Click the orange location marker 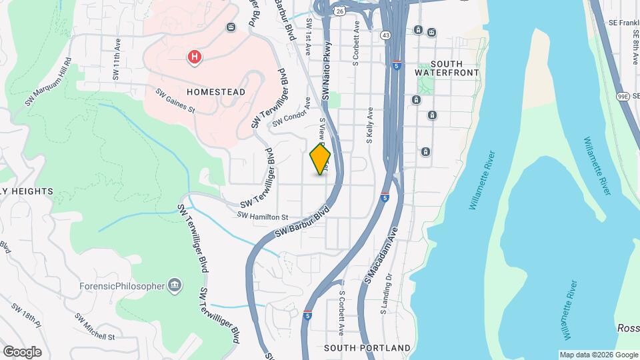(x=321, y=159)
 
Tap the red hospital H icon (x=194, y=57)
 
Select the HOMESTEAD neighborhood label (x=197, y=91)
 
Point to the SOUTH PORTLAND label (x=367, y=348)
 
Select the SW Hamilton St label (x=262, y=217)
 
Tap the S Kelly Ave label (x=369, y=127)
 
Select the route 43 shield (x=386, y=35)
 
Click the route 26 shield (x=340, y=11)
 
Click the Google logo (x=23, y=351)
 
